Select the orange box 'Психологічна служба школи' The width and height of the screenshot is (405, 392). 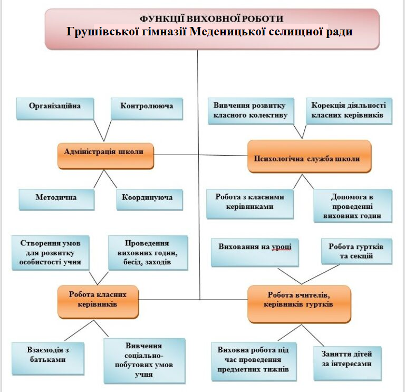309,156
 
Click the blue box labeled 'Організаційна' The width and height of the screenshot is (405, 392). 55,107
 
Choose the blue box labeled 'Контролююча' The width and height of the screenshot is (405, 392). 147,107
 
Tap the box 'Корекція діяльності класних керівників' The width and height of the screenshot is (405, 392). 349,110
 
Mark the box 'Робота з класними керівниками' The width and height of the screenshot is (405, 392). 250,203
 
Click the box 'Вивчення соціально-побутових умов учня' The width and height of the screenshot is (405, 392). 144,360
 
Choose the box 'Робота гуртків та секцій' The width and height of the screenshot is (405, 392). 356,252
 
